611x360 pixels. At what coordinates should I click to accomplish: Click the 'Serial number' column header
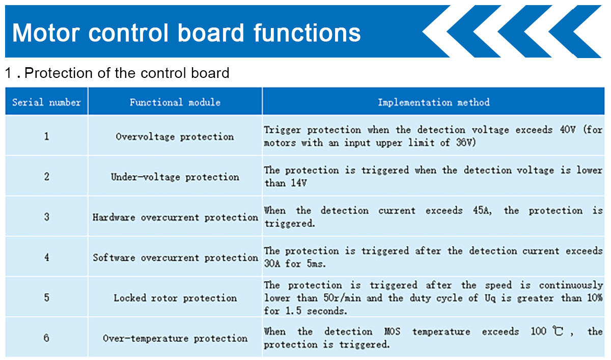coord(46,102)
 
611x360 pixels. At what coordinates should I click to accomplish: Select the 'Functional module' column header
coord(175,102)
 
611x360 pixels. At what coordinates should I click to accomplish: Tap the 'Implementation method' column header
coord(433,102)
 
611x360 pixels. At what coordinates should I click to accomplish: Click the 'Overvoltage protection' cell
coord(175,136)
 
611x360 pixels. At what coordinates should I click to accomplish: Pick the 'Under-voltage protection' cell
coord(175,177)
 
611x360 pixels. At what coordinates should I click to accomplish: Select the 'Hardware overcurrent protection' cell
coord(175,217)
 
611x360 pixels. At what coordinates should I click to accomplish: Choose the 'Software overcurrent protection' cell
coord(175,258)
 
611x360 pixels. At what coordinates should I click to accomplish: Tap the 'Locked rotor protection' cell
coord(175,298)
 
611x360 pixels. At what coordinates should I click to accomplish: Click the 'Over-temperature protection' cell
coord(175,338)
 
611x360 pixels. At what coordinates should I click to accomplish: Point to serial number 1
coord(47,136)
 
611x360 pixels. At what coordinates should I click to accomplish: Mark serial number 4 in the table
coord(47,257)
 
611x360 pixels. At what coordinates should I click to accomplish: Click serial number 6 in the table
coord(47,338)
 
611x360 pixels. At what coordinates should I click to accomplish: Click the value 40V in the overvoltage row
coord(568,129)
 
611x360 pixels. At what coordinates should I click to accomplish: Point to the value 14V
coord(299,183)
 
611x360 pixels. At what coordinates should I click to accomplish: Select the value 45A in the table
coord(482,210)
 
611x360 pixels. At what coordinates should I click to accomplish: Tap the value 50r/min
coord(342,298)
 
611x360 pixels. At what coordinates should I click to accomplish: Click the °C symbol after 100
coord(558,331)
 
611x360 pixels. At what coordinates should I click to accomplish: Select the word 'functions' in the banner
coord(307,32)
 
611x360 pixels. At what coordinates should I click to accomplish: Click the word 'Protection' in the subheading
coord(59,73)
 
